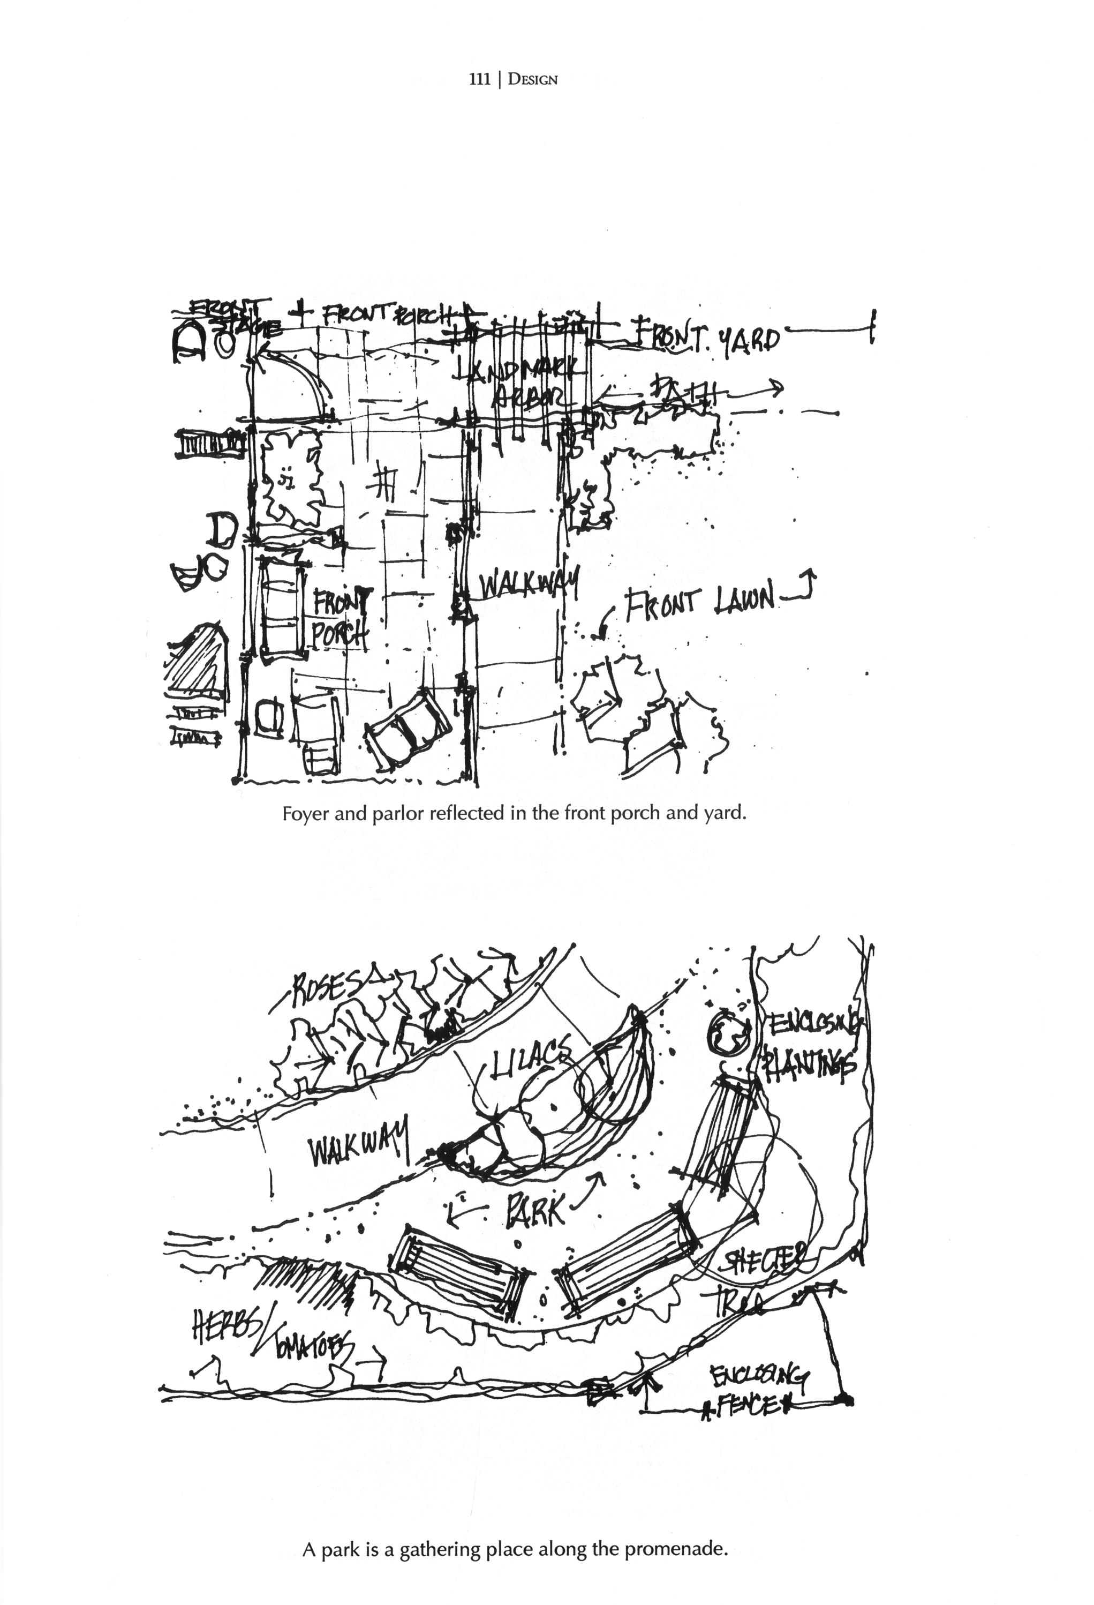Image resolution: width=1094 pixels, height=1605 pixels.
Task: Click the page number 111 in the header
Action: click(x=479, y=79)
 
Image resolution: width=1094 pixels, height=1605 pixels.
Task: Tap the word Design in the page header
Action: click(x=532, y=79)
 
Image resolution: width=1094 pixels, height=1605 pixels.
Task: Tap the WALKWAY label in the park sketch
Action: click(x=359, y=1149)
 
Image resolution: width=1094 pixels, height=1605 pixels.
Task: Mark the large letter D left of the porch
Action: click(x=222, y=530)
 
